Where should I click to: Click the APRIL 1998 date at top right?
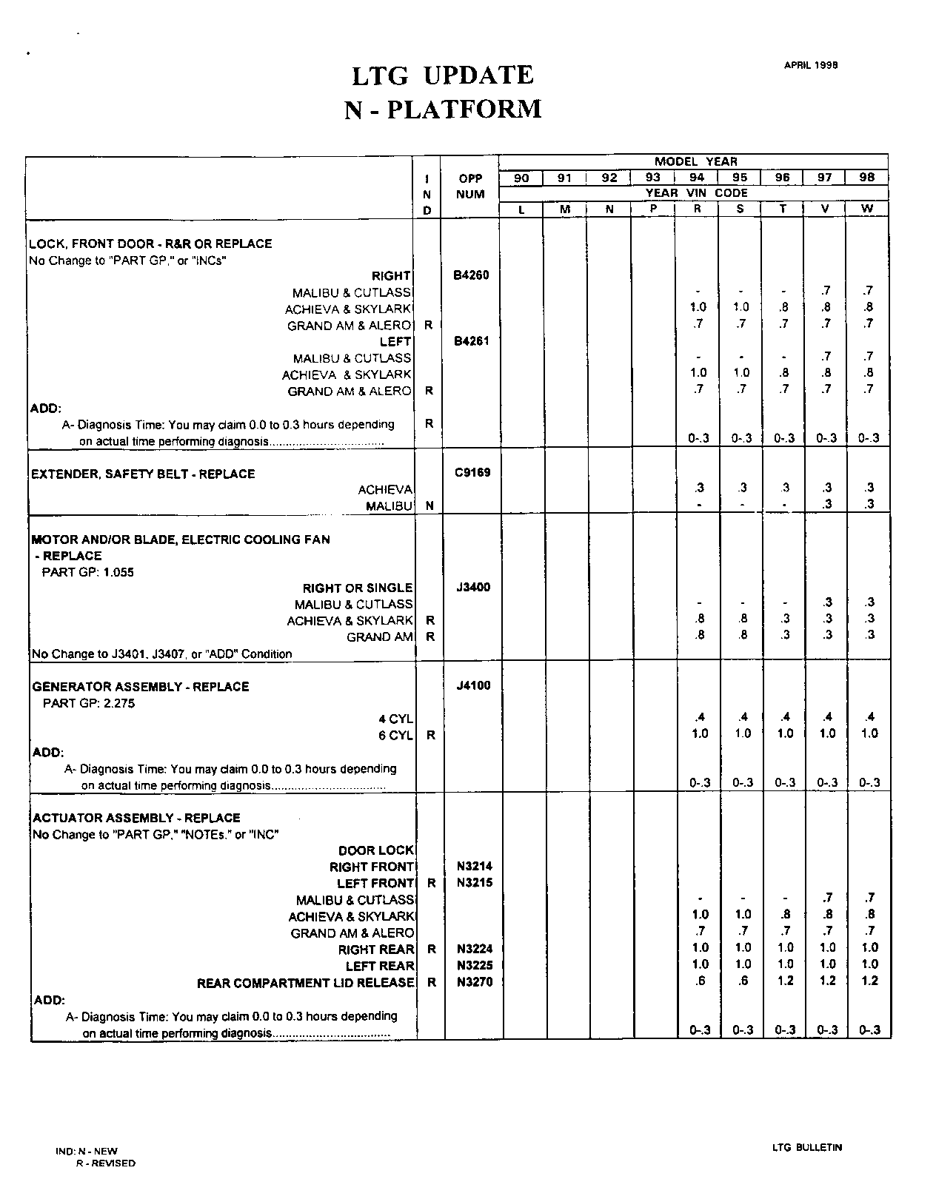(811, 65)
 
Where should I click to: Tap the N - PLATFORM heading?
(443, 110)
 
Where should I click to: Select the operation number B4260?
(471, 275)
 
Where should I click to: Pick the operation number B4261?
(471, 341)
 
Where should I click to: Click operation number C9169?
(472, 472)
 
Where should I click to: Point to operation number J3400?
(472, 588)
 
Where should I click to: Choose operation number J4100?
(473, 685)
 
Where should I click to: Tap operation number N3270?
(475, 982)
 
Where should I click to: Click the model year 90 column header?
(521, 178)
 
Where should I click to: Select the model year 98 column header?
(867, 178)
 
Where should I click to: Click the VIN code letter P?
(653, 209)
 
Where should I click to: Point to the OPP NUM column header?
(470, 187)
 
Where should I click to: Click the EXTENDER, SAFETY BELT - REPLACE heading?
(143, 474)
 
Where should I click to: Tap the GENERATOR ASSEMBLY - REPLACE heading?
(141, 687)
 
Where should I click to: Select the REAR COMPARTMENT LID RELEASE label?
(305, 983)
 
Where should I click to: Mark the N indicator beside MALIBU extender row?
(429, 505)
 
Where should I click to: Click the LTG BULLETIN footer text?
(806, 1148)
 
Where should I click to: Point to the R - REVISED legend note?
(106, 1163)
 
